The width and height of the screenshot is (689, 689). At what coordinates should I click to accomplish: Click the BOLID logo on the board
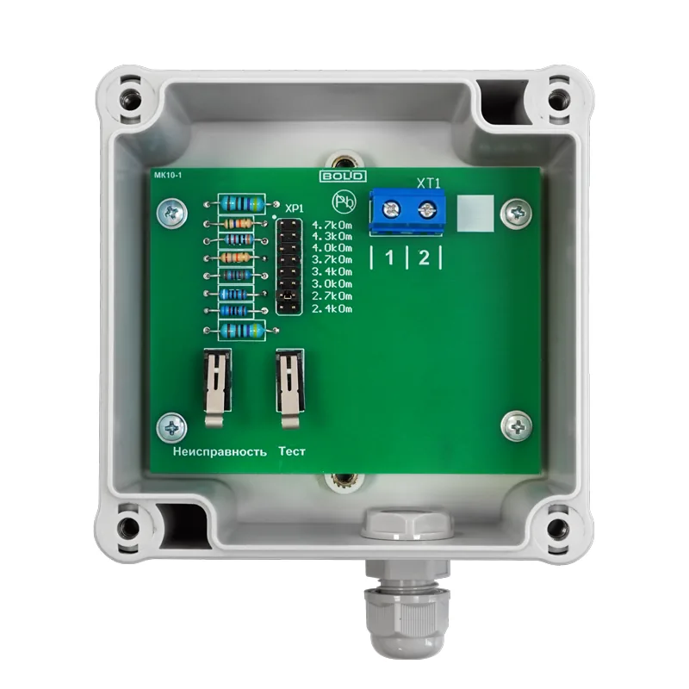343,177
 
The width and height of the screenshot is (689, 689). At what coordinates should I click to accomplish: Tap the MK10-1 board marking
168,176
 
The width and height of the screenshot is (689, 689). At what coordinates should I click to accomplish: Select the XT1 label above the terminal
428,183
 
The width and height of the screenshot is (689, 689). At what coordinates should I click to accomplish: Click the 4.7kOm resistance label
332,226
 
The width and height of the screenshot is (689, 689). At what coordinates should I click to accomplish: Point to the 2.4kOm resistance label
332,309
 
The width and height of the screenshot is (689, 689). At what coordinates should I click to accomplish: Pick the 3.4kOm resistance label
332,272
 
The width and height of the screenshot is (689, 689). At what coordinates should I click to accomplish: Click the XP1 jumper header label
294,208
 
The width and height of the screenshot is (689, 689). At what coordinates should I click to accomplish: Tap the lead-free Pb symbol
344,202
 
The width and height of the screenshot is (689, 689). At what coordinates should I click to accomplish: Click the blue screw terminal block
407,211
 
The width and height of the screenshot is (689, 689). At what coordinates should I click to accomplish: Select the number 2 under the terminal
424,258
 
